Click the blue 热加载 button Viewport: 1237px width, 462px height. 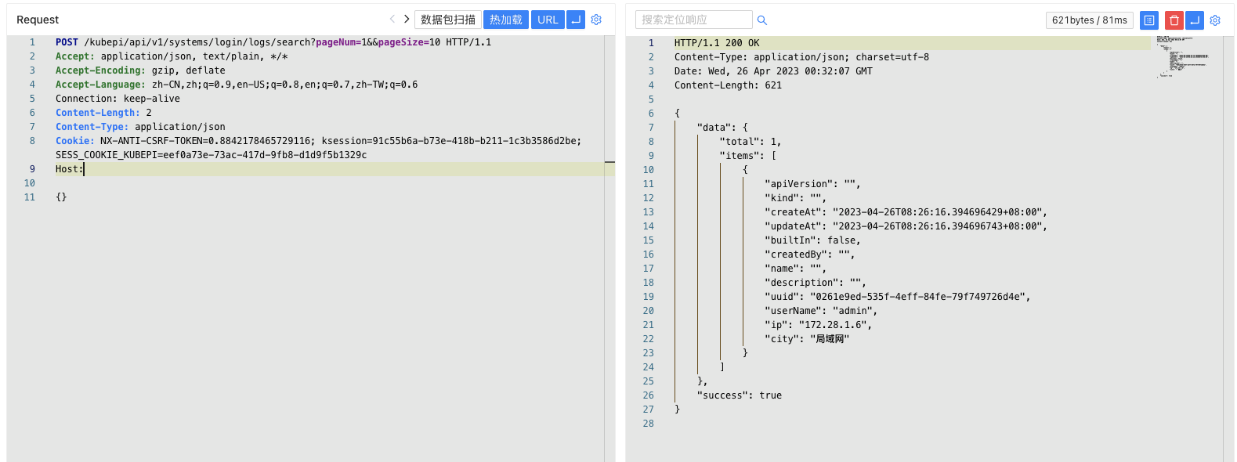pos(505,20)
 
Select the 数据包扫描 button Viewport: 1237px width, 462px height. pos(448,20)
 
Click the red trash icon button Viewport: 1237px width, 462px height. pos(1174,20)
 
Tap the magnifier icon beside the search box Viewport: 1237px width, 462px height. pos(762,20)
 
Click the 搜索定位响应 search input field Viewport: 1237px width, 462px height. pos(693,20)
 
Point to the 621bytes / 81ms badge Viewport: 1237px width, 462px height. pos(1089,20)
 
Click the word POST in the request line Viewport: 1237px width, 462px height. pos(67,42)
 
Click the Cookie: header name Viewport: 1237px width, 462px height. pos(74,141)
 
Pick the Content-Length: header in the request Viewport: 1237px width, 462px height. pos(97,113)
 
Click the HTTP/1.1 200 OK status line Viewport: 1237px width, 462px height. pos(716,43)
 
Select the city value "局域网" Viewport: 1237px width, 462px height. pos(830,339)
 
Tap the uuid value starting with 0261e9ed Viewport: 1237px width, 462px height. pos(920,297)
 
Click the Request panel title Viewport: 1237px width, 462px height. pos(38,20)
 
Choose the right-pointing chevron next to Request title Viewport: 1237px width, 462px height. pos(407,19)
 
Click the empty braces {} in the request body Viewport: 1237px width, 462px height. pos(61,197)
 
